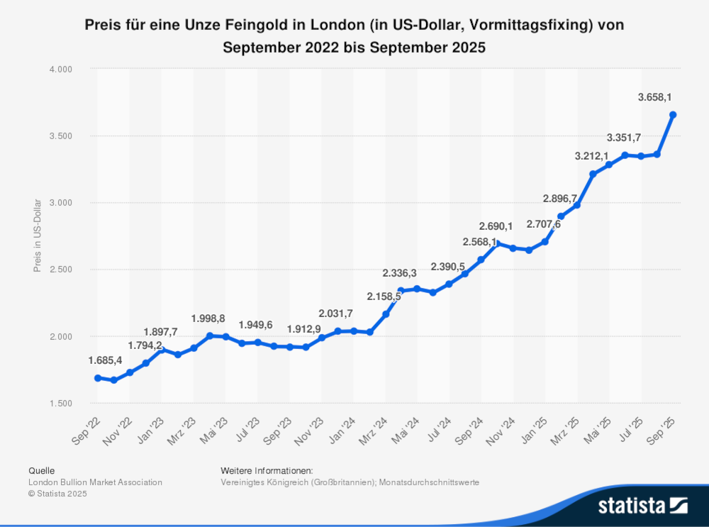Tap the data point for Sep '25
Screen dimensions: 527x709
click(673, 114)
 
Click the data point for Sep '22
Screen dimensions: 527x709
click(98, 378)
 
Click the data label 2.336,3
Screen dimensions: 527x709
click(399, 272)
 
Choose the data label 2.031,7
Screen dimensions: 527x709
click(335, 312)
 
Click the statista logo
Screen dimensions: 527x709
click(642, 505)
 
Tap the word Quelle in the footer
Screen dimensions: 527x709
click(41, 470)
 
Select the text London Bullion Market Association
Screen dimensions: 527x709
click(95, 482)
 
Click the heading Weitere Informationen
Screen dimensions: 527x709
click(267, 470)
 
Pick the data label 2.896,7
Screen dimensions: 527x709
click(561, 198)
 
